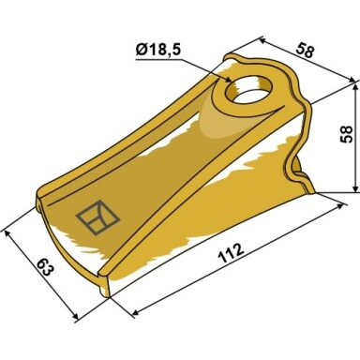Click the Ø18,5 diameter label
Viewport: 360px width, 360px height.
tap(158, 51)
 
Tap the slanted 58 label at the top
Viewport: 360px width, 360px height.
tap(305, 51)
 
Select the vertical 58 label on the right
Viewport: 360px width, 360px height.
tap(346, 134)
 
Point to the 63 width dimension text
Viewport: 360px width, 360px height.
tap(45, 267)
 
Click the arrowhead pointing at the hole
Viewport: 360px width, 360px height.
tap(227, 79)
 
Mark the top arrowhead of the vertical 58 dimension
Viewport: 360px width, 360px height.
tap(355, 88)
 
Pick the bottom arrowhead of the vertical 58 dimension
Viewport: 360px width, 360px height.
tap(355, 187)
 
